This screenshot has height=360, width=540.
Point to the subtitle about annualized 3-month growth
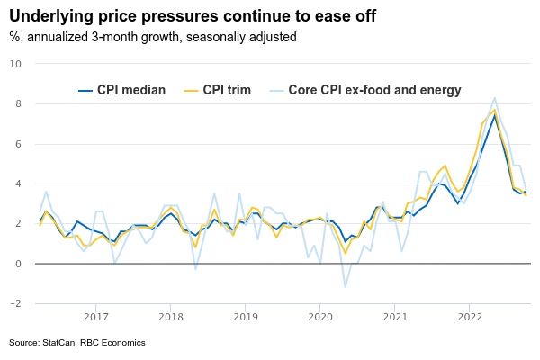click(153, 37)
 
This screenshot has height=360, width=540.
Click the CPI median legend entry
click(121, 90)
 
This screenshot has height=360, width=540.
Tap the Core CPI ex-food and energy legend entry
click(365, 90)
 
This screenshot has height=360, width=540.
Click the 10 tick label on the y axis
click(15, 64)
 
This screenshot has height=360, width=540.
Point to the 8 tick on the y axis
click(18, 103)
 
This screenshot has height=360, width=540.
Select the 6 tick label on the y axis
click(18, 144)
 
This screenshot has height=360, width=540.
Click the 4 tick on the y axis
click(18, 184)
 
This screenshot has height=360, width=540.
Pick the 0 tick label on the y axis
click(18, 264)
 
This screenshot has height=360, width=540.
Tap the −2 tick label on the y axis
click(15, 303)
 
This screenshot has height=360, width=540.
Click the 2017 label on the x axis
click(96, 317)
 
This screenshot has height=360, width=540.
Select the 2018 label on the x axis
click(171, 317)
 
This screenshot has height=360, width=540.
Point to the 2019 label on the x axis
click(246, 317)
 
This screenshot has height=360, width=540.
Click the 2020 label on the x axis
click(320, 317)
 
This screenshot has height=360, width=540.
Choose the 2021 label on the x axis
click(395, 317)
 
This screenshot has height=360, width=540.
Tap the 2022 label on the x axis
click(470, 317)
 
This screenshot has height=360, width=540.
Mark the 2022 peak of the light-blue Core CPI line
click(495, 98)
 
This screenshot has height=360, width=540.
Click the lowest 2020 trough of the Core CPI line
click(345, 287)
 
